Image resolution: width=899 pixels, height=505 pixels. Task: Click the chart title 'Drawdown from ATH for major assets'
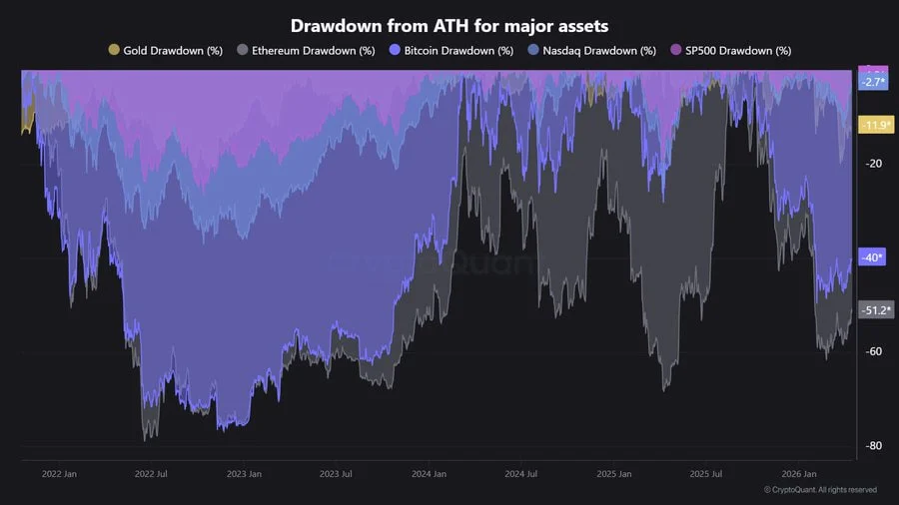(449, 25)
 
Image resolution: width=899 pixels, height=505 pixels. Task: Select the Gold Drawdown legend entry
(166, 50)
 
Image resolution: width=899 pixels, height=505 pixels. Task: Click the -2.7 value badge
(873, 82)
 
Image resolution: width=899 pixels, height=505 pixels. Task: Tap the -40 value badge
(872, 257)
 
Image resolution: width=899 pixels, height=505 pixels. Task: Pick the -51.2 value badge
(875, 310)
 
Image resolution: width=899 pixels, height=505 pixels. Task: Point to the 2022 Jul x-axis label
(151, 474)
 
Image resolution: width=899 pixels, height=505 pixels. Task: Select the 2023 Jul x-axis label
(335, 474)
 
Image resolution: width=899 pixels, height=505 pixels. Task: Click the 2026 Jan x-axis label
(797, 474)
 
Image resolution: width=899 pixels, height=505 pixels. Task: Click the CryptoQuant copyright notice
(820, 490)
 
